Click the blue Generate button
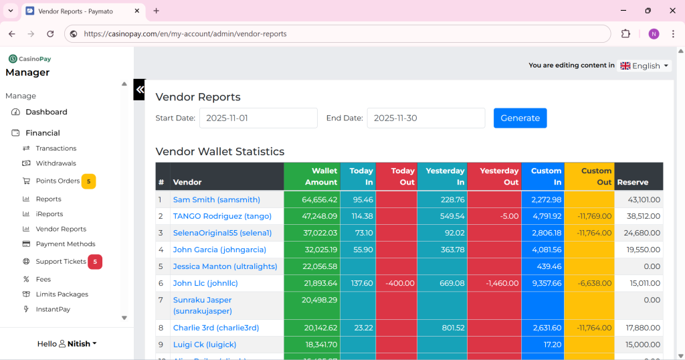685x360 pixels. (x=520, y=118)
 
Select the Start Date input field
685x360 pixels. (x=258, y=118)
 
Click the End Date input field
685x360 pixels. (x=425, y=118)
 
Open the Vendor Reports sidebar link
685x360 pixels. (x=61, y=229)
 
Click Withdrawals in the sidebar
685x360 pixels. (x=56, y=163)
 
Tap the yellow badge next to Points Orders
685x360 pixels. (x=88, y=181)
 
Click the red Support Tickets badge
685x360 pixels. (x=95, y=262)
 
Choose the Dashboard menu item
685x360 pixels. (x=46, y=112)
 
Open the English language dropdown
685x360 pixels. (x=645, y=66)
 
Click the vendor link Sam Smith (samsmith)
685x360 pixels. (x=216, y=199)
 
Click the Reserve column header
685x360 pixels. (x=633, y=182)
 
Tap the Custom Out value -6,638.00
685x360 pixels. (x=595, y=283)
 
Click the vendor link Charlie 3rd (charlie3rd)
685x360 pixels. (x=215, y=328)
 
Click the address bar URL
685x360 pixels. (x=185, y=34)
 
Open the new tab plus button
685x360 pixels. (x=157, y=11)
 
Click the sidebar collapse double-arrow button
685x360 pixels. (x=139, y=89)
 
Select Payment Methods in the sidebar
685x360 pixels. (x=66, y=244)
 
